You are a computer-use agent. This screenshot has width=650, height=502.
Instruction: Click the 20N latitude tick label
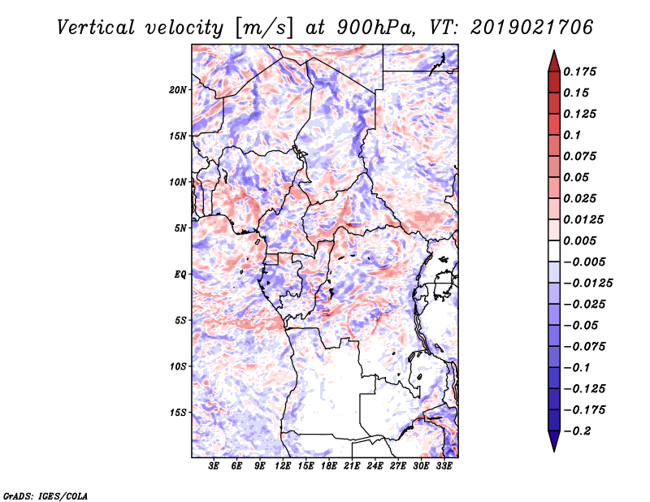tap(178, 90)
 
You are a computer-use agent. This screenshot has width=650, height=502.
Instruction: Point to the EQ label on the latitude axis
tap(180, 275)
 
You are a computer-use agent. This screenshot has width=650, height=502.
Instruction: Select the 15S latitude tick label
tap(178, 413)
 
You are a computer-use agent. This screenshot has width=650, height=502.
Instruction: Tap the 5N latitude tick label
tap(180, 228)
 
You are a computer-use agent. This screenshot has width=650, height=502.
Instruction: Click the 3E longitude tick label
tap(214, 466)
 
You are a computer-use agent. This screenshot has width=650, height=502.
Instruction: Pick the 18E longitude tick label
tap(329, 466)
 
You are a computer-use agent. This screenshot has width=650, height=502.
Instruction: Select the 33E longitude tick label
tap(444, 466)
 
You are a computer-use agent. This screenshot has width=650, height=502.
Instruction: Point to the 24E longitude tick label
tap(375, 466)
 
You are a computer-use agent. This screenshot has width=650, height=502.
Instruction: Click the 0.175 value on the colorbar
tap(579, 71)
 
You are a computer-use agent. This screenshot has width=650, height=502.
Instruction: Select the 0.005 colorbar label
tap(579, 240)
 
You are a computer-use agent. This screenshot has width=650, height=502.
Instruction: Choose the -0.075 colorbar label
tap(584, 347)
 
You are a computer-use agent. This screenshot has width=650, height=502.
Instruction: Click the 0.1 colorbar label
tap(572, 135)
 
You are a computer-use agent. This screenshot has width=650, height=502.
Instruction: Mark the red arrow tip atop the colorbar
tap(554, 50)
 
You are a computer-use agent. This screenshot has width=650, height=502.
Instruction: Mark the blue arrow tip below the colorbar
tap(554, 452)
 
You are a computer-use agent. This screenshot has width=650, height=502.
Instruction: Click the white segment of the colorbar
tap(554, 251)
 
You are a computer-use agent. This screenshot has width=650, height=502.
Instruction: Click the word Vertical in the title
tap(96, 28)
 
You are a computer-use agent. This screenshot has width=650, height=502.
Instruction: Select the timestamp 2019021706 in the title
tap(532, 28)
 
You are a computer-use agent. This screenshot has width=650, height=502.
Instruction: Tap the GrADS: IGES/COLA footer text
tap(45, 496)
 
